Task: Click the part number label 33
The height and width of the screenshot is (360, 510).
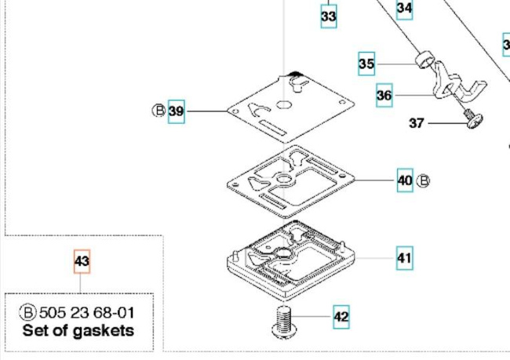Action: [329, 16]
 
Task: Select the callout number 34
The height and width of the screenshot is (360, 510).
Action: [404, 9]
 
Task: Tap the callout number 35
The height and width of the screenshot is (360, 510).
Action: [366, 64]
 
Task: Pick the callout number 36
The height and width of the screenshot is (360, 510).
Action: [384, 96]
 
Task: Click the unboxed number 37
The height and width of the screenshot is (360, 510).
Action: [417, 122]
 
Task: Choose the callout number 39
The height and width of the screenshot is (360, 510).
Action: [176, 111]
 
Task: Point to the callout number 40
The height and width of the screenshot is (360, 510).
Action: [404, 181]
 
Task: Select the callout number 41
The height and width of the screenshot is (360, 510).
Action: [404, 257]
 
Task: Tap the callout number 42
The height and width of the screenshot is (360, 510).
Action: [341, 317]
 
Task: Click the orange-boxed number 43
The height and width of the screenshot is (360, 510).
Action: [82, 261]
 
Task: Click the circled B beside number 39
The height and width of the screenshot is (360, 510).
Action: [158, 111]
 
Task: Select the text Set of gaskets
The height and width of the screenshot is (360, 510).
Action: [78, 330]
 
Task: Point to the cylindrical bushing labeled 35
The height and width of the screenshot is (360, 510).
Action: [424, 58]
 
